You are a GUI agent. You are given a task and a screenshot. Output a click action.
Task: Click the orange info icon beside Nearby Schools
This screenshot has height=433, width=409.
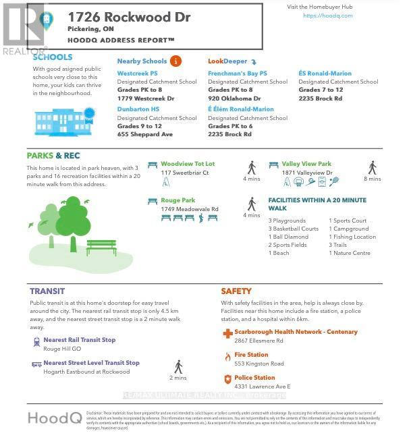pyautogui.click(x=176, y=61)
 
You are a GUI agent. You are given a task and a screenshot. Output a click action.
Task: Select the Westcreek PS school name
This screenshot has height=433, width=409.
pyautogui.click(x=138, y=73)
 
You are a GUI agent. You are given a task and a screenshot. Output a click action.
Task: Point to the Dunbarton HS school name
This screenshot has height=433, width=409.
pyautogui.click(x=138, y=109)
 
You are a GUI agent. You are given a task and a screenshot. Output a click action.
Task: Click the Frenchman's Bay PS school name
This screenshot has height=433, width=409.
pyautogui.click(x=238, y=73)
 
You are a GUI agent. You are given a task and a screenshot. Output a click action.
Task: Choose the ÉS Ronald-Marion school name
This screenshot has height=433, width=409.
pyautogui.click(x=326, y=73)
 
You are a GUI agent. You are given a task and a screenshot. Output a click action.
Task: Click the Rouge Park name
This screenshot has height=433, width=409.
pyautogui.click(x=178, y=200)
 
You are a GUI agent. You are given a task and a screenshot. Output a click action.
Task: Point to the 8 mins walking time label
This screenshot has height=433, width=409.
pyautogui.click(x=372, y=179)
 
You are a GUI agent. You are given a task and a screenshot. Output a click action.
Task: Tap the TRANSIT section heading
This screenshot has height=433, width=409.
pyautogui.click(x=47, y=291)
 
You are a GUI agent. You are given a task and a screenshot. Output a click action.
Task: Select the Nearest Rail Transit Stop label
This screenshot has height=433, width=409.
pyautogui.click(x=79, y=340)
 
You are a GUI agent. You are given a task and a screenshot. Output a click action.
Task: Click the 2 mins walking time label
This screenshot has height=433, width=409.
pyautogui.click(x=178, y=378)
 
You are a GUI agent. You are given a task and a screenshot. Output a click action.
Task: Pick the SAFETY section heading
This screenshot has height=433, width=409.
pyautogui.click(x=236, y=291)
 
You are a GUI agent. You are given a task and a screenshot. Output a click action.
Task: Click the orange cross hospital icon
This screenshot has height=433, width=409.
pyautogui.click(x=227, y=333)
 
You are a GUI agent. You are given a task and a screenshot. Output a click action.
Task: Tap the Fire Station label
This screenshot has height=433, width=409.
pyautogui.click(x=251, y=355)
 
